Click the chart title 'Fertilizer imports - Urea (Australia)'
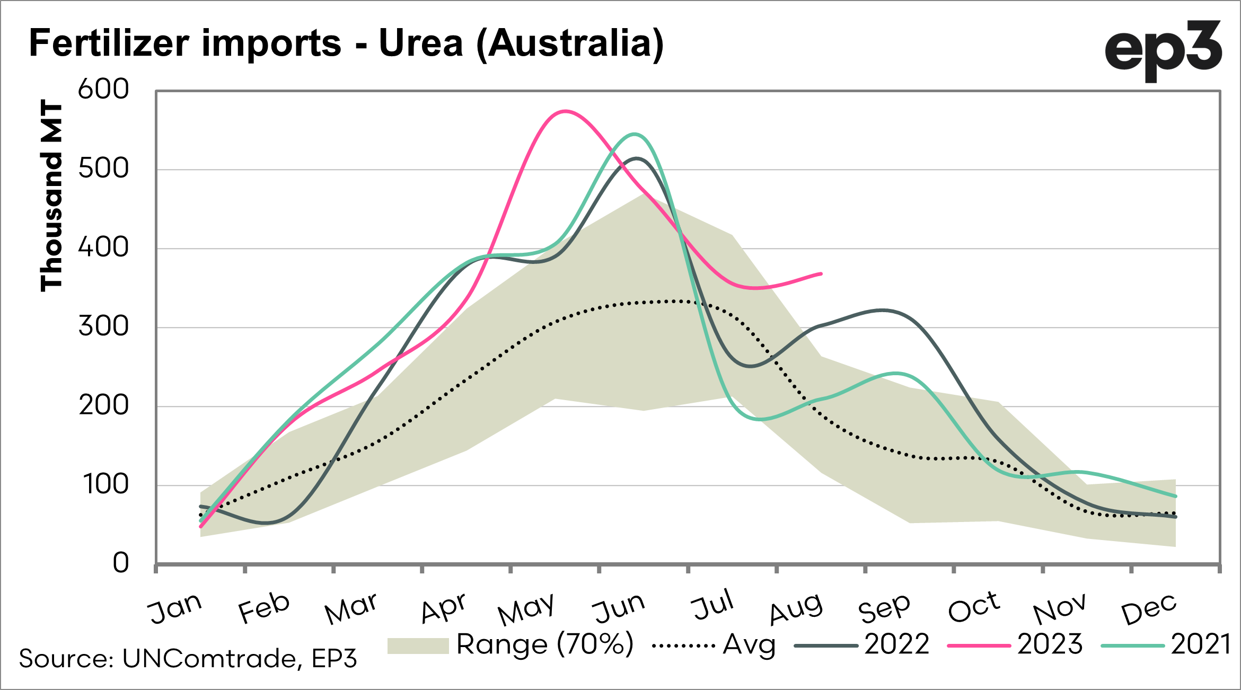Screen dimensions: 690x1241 (346, 43)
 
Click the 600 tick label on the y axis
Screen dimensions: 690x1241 (103, 89)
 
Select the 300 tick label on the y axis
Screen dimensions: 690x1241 (103, 326)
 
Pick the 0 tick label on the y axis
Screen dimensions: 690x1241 (121, 563)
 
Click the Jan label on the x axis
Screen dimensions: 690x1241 (175, 608)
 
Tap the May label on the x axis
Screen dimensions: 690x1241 (526, 609)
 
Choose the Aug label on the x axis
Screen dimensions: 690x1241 (796, 609)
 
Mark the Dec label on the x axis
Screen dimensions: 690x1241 (1149, 609)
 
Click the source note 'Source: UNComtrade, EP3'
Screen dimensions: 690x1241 (188, 659)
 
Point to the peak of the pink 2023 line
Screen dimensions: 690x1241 (566, 111)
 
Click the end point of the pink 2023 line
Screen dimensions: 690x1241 (821, 274)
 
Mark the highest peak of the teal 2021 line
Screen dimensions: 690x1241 (635, 134)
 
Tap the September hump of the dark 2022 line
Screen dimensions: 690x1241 (882, 310)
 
